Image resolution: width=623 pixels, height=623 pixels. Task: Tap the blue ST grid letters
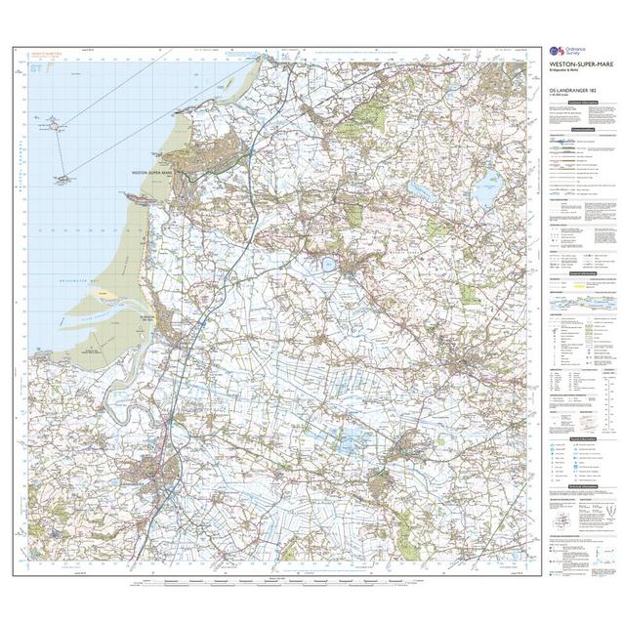(38, 69)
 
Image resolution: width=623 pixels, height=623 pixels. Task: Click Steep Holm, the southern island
(64, 179)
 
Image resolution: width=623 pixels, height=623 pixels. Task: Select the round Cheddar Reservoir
(327, 263)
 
